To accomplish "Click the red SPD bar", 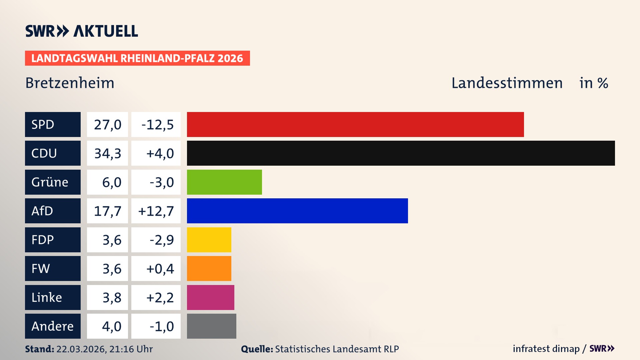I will click(355, 124).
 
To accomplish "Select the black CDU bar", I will click(401, 153).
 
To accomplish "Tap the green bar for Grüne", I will click(224, 182).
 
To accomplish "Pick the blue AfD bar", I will click(297, 211).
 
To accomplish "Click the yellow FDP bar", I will click(209, 240).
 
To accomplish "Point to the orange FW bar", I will click(209, 268).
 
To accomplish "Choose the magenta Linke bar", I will click(210, 297).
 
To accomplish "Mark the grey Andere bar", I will click(211, 326).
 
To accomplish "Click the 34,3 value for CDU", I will click(107, 153).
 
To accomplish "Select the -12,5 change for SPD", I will click(157, 125).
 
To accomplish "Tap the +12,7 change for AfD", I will click(156, 211).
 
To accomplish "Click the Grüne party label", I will click(50, 182).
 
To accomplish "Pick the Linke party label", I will click(47, 297).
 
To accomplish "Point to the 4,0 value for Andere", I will click(111, 326).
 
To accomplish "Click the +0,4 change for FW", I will click(160, 269).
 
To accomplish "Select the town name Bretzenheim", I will click(70, 83).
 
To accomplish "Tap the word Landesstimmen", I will click(507, 83).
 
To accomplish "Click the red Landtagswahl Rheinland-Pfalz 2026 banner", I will click(137, 58).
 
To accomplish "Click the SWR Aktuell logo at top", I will click(81, 31).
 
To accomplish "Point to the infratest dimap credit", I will click(546, 349).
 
